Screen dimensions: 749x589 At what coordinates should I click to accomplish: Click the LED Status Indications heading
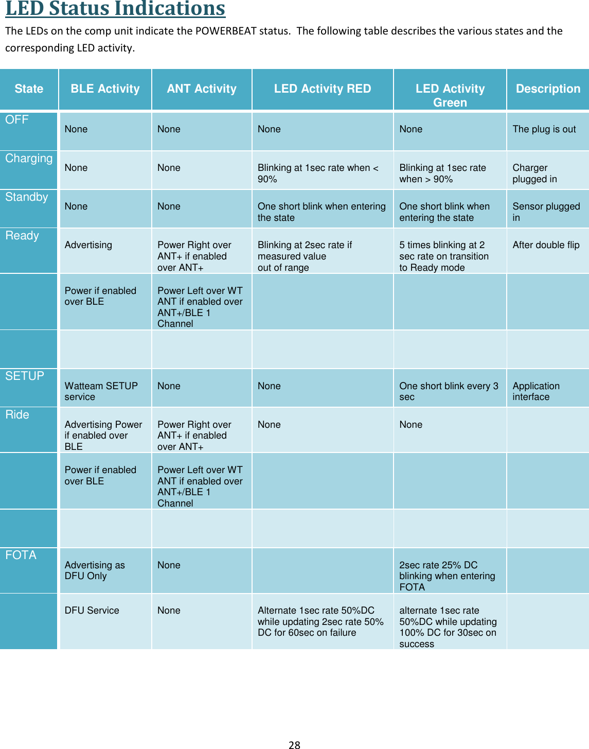point(115,9)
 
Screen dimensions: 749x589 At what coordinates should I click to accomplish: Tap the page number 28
point(294,744)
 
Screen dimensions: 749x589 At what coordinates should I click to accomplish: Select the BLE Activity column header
point(105,89)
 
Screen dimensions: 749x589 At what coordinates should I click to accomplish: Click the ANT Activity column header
point(202,89)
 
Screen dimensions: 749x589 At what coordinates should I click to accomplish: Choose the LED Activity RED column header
point(323,89)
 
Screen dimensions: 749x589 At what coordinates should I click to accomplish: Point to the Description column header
point(548,89)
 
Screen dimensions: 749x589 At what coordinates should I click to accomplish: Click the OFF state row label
point(17,119)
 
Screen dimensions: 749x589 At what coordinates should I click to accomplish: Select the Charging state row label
point(29,158)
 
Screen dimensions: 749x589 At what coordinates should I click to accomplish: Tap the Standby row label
point(27,197)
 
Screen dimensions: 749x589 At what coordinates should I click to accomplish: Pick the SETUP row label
point(25,376)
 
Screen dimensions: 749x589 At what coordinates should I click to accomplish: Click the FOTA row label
point(21,555)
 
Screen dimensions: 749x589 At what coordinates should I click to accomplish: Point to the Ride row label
point(17,414)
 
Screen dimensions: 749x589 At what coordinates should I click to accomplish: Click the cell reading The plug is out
point(544,129)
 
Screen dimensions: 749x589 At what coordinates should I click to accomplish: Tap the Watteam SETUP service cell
point(101,391)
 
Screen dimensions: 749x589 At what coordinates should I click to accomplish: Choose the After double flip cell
point(546,245)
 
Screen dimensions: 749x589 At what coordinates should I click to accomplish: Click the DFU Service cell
point(92,611)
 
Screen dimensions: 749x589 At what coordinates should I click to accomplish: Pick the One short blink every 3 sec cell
point(449,391)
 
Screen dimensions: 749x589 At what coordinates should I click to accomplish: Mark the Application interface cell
point(536,391)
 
